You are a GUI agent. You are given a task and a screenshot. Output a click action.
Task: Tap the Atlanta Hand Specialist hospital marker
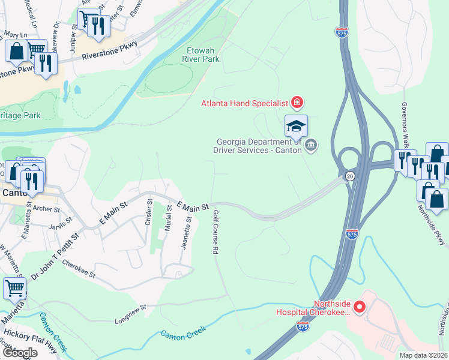[x=296, y=103]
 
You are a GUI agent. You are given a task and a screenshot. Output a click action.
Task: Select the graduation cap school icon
[x=296, y=126]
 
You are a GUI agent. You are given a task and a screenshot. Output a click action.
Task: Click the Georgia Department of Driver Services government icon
[x=312, y=145]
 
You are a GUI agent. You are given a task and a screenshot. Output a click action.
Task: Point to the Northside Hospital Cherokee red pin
[x=360, y=308]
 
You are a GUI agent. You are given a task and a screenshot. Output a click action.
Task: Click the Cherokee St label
[x=79, y=269]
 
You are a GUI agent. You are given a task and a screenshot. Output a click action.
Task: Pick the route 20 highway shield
[x=349, y=176]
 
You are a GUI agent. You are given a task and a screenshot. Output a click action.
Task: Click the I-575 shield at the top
[x=342, y=31]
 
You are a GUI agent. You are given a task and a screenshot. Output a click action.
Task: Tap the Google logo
[x=20, y=353]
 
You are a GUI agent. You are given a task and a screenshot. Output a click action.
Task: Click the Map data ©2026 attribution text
[x=422, y=355]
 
